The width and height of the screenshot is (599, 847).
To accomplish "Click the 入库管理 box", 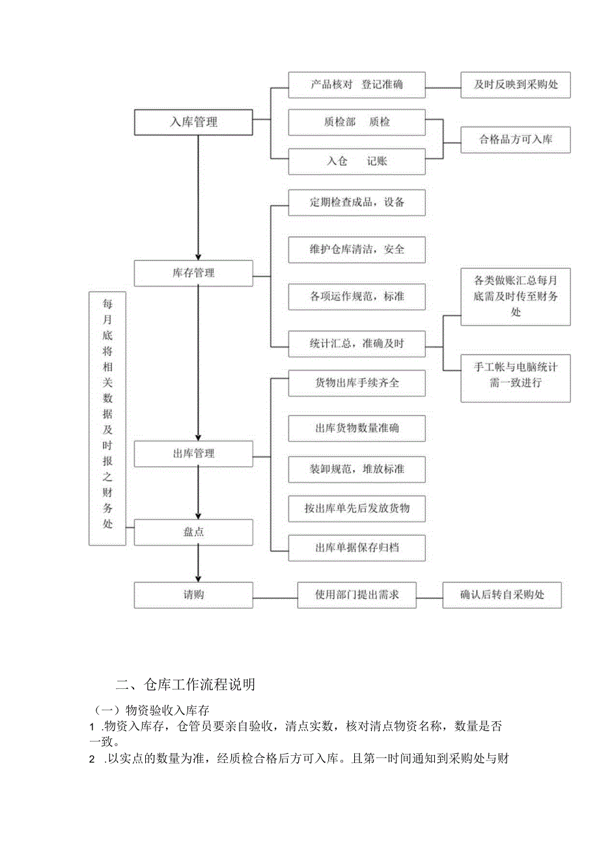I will tap(193, 122).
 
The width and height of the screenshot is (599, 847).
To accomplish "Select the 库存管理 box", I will tap(193, 273).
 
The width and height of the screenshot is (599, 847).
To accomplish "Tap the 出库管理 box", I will tap(193, 453).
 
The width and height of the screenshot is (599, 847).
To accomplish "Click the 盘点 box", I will tap(193, 532).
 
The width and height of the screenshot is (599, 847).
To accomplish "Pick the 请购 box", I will tap(193, 595).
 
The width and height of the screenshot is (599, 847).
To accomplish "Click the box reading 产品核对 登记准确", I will tap(357, 85).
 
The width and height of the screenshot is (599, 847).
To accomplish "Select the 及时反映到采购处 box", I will tap(516, 85).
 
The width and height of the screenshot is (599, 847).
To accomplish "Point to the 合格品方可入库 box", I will tap(516, 139).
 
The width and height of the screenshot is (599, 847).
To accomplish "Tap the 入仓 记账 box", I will tap(357, 161).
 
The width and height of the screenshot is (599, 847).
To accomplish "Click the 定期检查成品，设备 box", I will tap(357, 202).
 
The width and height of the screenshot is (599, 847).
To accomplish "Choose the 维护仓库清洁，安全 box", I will tap(357, 249).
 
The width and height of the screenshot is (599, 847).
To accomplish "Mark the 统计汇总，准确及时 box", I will tap(357, 343).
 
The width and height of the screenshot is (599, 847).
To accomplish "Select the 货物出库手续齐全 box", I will tap(357, 383).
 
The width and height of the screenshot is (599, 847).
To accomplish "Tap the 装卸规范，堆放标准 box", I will tap(357, 469).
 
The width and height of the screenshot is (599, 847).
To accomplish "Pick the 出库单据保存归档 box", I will tap(357, 548).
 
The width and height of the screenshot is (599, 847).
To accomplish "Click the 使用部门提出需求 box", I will tap(357, 595).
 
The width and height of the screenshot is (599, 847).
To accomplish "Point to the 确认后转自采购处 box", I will tap(501, 595).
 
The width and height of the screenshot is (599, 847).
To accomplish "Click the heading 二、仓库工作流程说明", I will tap(185, 684).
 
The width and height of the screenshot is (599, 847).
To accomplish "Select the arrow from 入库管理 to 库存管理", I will tap(199, 195).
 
